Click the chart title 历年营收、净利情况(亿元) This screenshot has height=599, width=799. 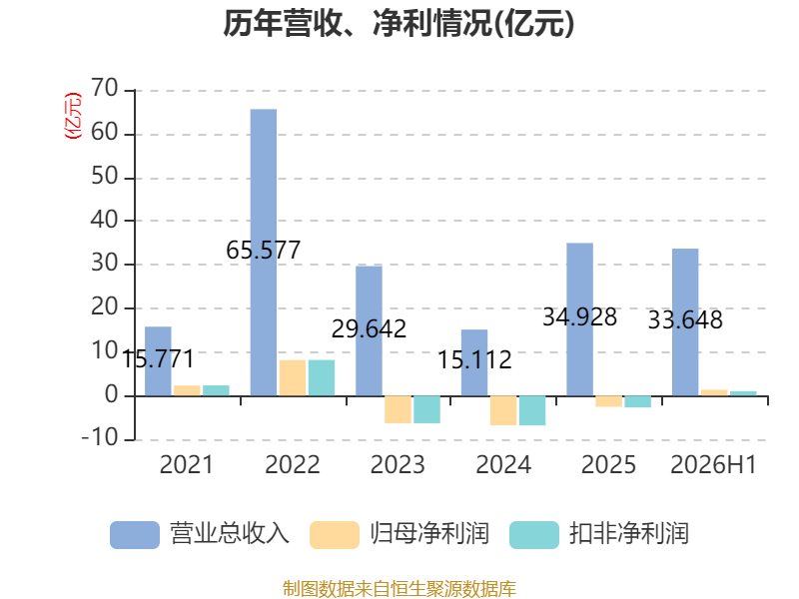click(399, 23)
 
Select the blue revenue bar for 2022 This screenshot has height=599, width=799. click(264, 253)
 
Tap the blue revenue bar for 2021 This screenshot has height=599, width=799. click(158, 361)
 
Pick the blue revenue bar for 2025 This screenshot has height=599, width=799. click(580, 319)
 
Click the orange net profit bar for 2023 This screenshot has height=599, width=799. click(398, 409)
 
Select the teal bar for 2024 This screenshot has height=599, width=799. click(532, 410)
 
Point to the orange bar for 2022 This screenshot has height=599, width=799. click(293, 378)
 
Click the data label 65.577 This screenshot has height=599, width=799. click(264, 251)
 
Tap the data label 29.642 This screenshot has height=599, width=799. click(369, 328)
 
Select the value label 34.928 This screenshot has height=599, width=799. click(580, 316)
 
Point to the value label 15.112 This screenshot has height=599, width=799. click(475, 359)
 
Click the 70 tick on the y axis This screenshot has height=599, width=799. click(105, 88)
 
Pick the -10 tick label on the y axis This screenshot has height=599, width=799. click(100, 437)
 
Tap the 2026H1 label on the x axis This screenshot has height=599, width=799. click(713, 464)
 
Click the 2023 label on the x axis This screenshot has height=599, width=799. click(398, 464)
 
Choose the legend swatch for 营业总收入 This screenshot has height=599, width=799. click(135, 535)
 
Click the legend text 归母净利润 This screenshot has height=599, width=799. click(429, 534)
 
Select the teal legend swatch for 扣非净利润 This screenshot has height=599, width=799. click(534, 535)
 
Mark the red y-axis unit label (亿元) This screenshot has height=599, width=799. click(73, 116)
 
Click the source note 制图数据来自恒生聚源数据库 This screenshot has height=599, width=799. click(399, 589)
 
